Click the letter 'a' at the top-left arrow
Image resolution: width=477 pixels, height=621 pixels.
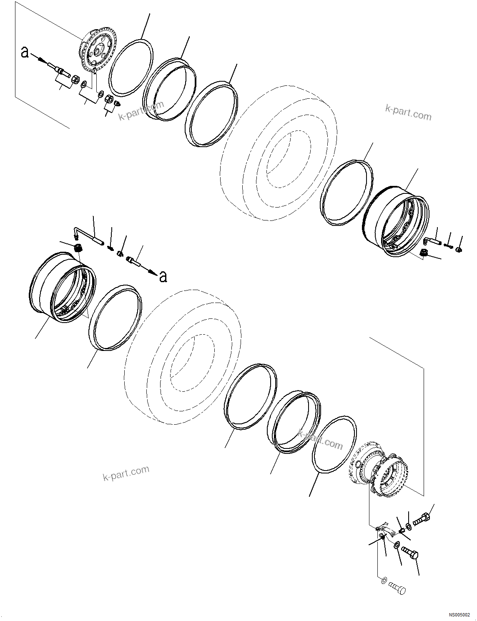pyautogui.click(x=25, y=53)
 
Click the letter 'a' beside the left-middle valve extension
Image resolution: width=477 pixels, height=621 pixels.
pyautogui.click(x=163, y=276)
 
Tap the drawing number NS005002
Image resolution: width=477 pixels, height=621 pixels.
pyautogui.click(x=459, y=615)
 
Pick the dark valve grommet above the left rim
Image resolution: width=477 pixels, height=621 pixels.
pyautogui.click(x=78, y=248)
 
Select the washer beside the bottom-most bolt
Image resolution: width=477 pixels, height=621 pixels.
pyautogui.click(x=384, y=580)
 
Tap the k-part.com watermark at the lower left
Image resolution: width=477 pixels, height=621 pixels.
pyautogui.click(x=126, y=473)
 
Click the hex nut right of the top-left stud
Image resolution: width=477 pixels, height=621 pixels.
pyautogui.click(x=75, y=79)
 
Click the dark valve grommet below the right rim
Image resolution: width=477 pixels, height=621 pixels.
pyautogui.click(x=424, y=252)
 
